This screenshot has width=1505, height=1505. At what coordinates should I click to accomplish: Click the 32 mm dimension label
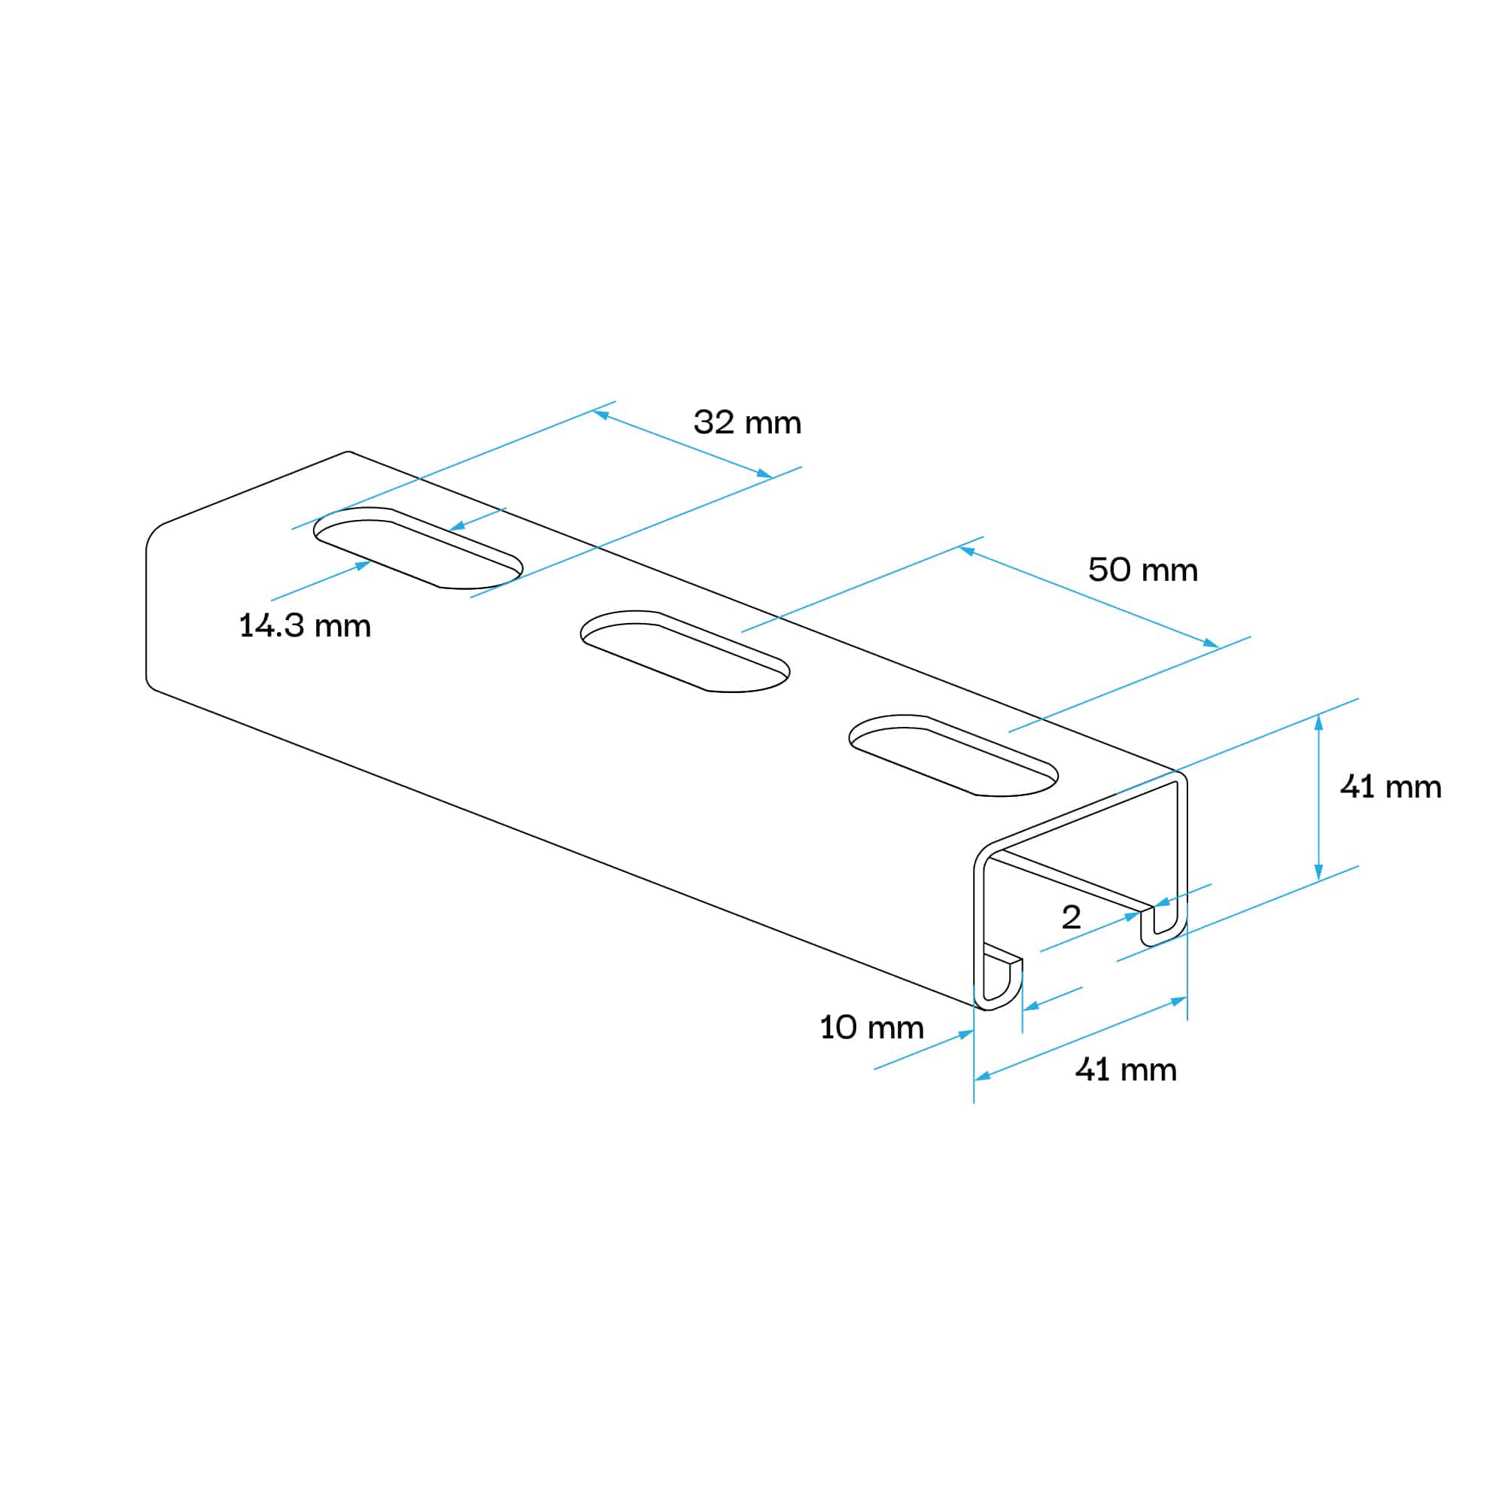747,423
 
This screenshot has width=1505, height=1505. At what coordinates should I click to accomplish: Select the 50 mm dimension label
1142,570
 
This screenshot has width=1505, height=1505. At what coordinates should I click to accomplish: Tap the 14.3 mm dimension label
305,626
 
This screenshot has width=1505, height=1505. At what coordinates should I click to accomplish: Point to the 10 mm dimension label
871,1028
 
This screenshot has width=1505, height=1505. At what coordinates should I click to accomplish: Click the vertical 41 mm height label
1391,788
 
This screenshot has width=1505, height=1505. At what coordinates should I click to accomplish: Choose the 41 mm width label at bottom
1125,1070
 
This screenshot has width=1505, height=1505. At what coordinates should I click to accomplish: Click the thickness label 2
1071,917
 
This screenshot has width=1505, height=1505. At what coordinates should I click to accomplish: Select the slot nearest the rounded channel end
418,548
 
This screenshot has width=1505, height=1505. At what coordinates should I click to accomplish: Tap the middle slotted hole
686,651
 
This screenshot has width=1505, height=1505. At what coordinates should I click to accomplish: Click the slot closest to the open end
953,755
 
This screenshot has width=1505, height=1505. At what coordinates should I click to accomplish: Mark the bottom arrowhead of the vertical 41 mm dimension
1319,874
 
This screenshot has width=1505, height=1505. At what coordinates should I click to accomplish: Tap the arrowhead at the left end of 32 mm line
600,415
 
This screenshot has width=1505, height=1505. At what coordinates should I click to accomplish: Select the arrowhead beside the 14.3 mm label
363,565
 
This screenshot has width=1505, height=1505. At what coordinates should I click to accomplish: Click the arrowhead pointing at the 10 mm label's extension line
966,1035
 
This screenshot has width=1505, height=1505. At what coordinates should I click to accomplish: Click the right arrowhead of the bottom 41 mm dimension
1179,1001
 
